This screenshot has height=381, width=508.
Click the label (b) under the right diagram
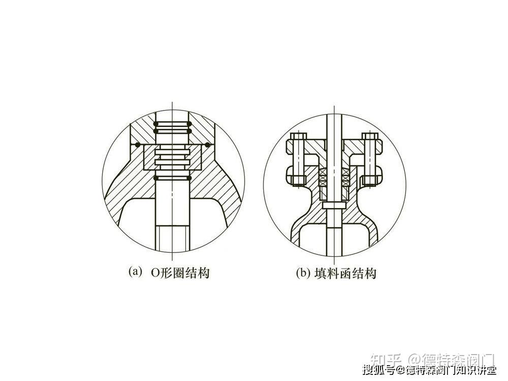pos(303,273)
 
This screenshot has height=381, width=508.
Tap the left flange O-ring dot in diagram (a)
pos(137,145)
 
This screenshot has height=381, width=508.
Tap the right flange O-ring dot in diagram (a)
pos(208,145)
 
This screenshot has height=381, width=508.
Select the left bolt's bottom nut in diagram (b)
pos(297,178)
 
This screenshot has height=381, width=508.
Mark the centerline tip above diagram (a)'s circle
pos(173,104)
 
